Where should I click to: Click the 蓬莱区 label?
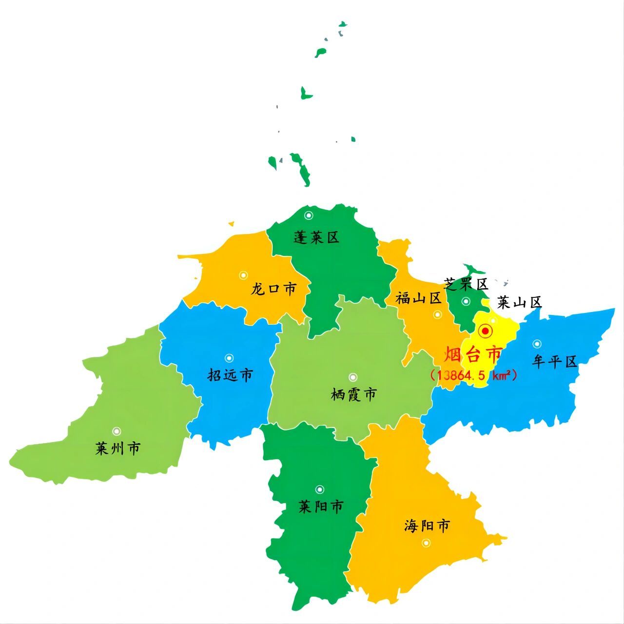click(x=316, y=238)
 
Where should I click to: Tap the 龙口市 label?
click(x=273, y=289)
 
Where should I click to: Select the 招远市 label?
click(x=230, y=375)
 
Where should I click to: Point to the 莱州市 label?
click(x=117, y=448)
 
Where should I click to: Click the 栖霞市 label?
click(x=353, y=394)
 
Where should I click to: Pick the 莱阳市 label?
click(x=321, y=507)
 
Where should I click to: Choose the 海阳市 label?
click(x=427, y=526)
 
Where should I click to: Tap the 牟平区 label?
click(x=555, y=361)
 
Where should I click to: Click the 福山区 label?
click(x=418, y=298)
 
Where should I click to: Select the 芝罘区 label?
click(x=466, y=284)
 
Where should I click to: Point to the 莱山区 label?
click(x=519, y=303)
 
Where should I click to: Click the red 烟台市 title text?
click(x=472, y=354)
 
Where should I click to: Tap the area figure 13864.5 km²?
click(x=473, y=375)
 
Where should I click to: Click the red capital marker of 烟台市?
click(x=486, y=331)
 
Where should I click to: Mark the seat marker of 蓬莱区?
click(x=309, y=215)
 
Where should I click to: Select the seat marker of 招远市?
click(x=229, y=358)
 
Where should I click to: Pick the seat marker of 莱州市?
click(x=117, y=431)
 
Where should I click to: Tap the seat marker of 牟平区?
click(x=537, y=344)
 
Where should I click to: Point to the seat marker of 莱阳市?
click(x=320, y=489)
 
